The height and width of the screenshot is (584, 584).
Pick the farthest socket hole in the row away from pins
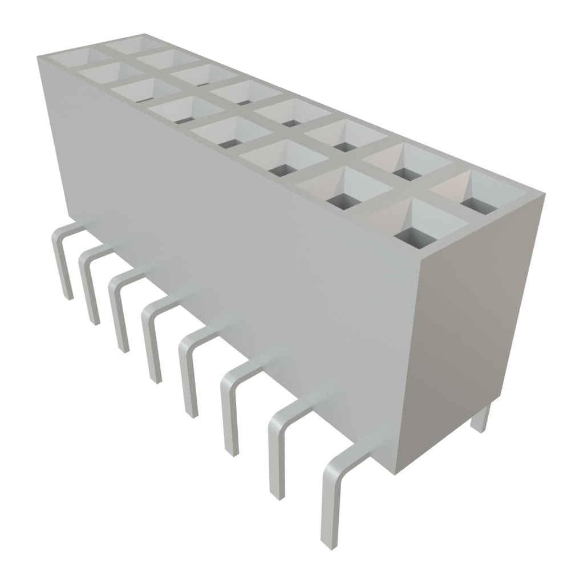click(x=128, y=43)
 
